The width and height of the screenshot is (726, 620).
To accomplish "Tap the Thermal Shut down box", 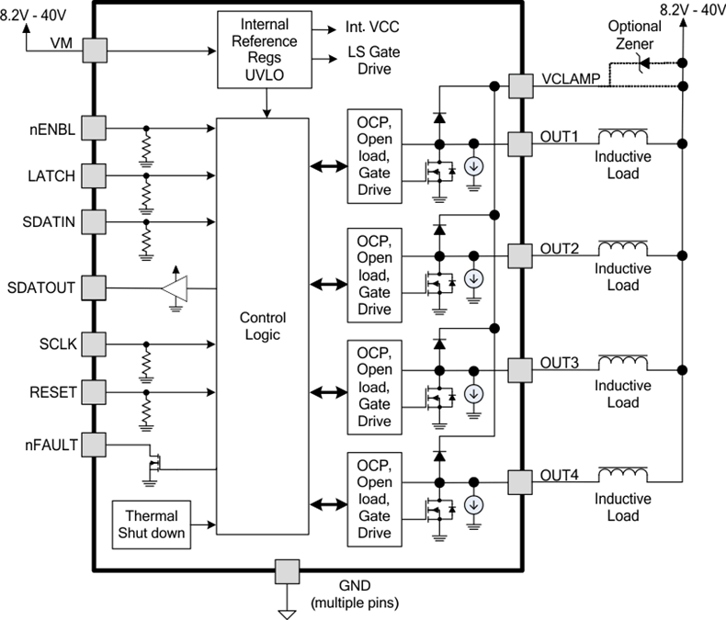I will pyautogui.click(x=153, y=524).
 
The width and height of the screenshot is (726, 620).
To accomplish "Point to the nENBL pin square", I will pyautogui.click(x=93, y=129).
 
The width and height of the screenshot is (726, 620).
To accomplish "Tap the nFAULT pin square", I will pyautogui.click(x=93, y=445).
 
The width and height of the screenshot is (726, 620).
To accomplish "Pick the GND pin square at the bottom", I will pyautogui.click(x=286, y=570).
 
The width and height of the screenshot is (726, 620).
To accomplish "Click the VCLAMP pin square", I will pyautogui.click(x=520, y=85).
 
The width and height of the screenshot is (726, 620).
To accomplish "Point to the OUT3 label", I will pyautogui.click(x=559, y=363).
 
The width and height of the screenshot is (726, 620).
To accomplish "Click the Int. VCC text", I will pyautogui.click(x=373, y=29).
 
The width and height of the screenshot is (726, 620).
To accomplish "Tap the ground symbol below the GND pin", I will pyautogui.click(x=286, y=607).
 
